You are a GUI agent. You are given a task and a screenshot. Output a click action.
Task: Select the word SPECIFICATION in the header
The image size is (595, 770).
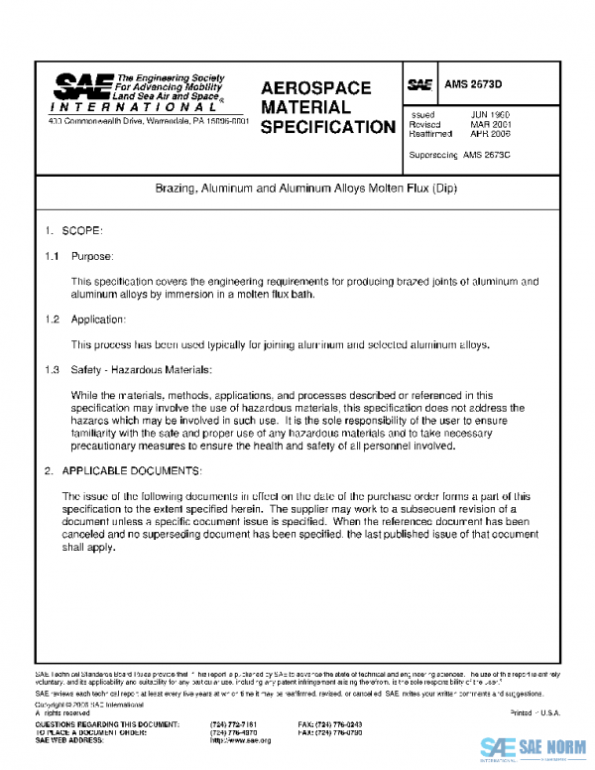[327, 127]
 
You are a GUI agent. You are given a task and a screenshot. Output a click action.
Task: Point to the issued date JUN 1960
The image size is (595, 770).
[490, 115]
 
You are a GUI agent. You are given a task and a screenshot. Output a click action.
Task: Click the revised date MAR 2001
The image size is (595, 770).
[490, 124]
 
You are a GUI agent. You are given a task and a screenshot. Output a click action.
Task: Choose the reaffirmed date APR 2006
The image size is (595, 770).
[490, 133]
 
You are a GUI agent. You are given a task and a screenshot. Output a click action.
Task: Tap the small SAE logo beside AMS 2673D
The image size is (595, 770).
[418, 86]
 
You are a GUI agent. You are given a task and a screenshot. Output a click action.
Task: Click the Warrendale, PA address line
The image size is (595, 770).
[149, 122]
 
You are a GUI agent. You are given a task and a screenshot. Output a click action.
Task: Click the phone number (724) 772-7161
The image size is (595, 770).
[234, 725]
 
